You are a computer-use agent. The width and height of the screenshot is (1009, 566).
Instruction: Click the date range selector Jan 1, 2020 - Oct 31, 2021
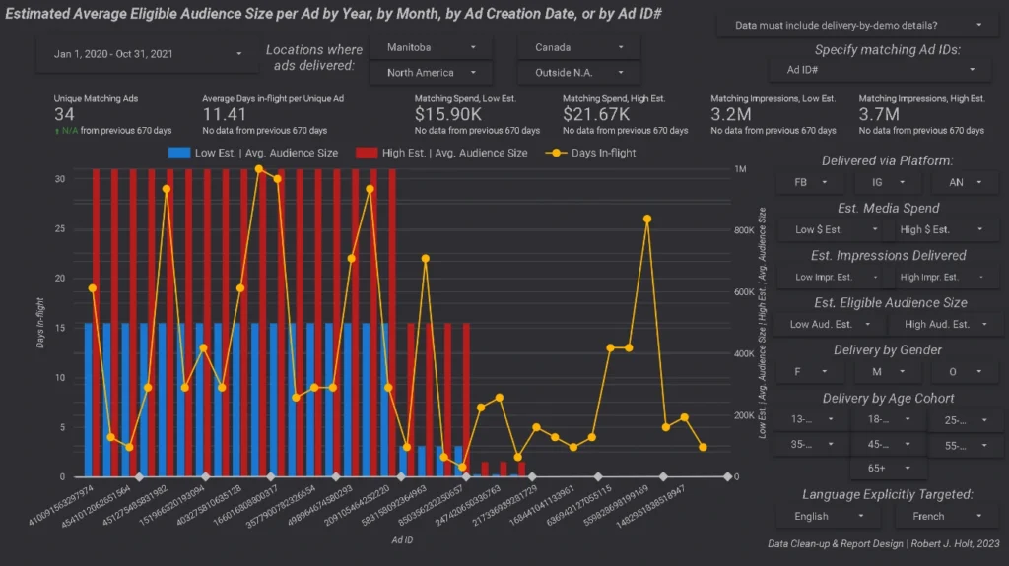[142, 54]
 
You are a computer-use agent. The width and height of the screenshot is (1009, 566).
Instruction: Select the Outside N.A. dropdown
[577, 73]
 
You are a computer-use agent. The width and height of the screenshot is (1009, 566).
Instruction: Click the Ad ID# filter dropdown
[879, 70]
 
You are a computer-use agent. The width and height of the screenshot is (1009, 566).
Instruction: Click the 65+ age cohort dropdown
[887, 469]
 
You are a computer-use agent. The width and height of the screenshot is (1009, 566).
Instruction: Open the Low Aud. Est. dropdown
[828, 324]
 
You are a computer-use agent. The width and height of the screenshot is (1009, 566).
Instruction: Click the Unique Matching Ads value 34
[65, 115]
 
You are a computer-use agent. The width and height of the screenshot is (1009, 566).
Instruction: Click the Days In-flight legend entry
[598, 153]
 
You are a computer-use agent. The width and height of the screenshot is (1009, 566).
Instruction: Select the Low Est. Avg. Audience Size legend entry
[253, 153]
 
